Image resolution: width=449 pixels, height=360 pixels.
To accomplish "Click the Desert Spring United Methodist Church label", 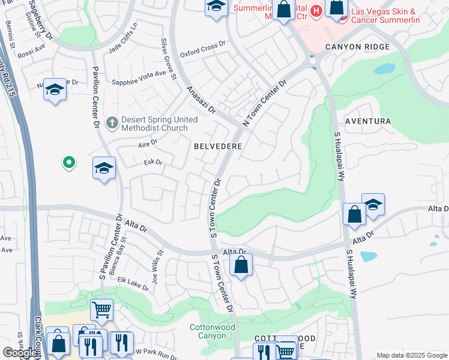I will click(x=159, y=124).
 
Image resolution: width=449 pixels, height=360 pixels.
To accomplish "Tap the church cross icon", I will click(x=111, y=123).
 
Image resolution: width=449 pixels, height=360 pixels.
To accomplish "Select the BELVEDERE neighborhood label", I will click(x=218, y=146).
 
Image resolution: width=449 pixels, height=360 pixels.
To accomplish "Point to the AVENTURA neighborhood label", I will click(x=367, y=121).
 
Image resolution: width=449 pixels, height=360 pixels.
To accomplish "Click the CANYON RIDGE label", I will click(x=358, y=47).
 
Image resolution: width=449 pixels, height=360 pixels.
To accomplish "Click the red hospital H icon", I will click(x=316, y=11).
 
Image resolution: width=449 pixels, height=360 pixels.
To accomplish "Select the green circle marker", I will click(x=69, y=162).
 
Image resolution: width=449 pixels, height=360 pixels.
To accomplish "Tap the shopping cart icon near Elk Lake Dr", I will click(x=101, y=310).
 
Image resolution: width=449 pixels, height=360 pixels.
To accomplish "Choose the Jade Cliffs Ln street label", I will click(x=122, y=37).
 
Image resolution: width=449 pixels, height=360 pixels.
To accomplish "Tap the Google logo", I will click(x=20, y=353).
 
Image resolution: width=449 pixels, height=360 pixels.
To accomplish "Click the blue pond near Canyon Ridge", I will click(x=384, y=68).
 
